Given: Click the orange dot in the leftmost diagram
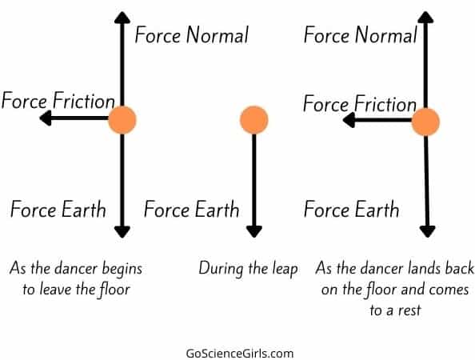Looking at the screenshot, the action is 122,120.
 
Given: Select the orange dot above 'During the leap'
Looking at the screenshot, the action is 254,120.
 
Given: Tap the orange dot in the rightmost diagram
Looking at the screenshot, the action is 425,122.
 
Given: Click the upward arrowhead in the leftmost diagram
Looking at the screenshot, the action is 122,18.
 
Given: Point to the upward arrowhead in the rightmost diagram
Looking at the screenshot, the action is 425,18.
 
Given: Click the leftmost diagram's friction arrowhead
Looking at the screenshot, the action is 46,118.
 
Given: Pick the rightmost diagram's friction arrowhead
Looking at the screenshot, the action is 349,120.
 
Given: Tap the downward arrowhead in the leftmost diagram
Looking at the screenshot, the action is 122,232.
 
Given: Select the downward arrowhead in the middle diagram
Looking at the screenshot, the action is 254,232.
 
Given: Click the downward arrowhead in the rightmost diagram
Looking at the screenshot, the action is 428,232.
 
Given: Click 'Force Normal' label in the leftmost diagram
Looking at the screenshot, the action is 191,35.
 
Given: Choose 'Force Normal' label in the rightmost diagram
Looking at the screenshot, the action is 360,35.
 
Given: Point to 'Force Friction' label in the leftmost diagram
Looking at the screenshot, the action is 58,100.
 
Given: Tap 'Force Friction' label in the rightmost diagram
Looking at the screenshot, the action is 360,103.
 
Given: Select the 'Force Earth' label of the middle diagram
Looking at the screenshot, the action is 191,209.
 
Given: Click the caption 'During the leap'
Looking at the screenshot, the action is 248,269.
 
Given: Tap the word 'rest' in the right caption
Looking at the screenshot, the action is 409,310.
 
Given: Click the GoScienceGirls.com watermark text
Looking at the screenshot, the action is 240,354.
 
